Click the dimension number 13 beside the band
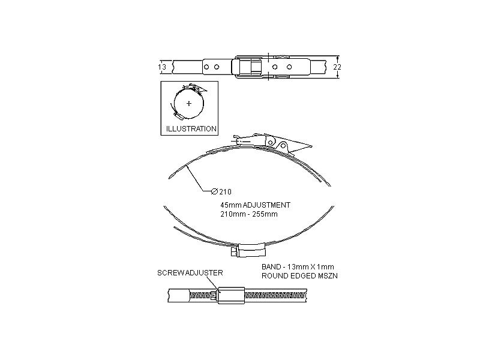[162, 67]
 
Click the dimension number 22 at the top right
[337, 67]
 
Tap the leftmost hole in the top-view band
[206, 67]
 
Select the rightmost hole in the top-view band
[289, 67]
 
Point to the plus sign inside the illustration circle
[189, 104]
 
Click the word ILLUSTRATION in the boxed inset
[191, 128]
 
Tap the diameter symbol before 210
[214, 192]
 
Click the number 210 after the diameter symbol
[225, 192]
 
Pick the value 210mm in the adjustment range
[231, 214]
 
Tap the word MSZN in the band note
[323, 275]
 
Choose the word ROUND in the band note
[274, 275]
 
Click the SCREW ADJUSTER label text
[190, 272]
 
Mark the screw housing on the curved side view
[250, 248]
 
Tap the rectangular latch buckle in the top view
[248, 67]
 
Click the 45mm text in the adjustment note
[231, 205]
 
